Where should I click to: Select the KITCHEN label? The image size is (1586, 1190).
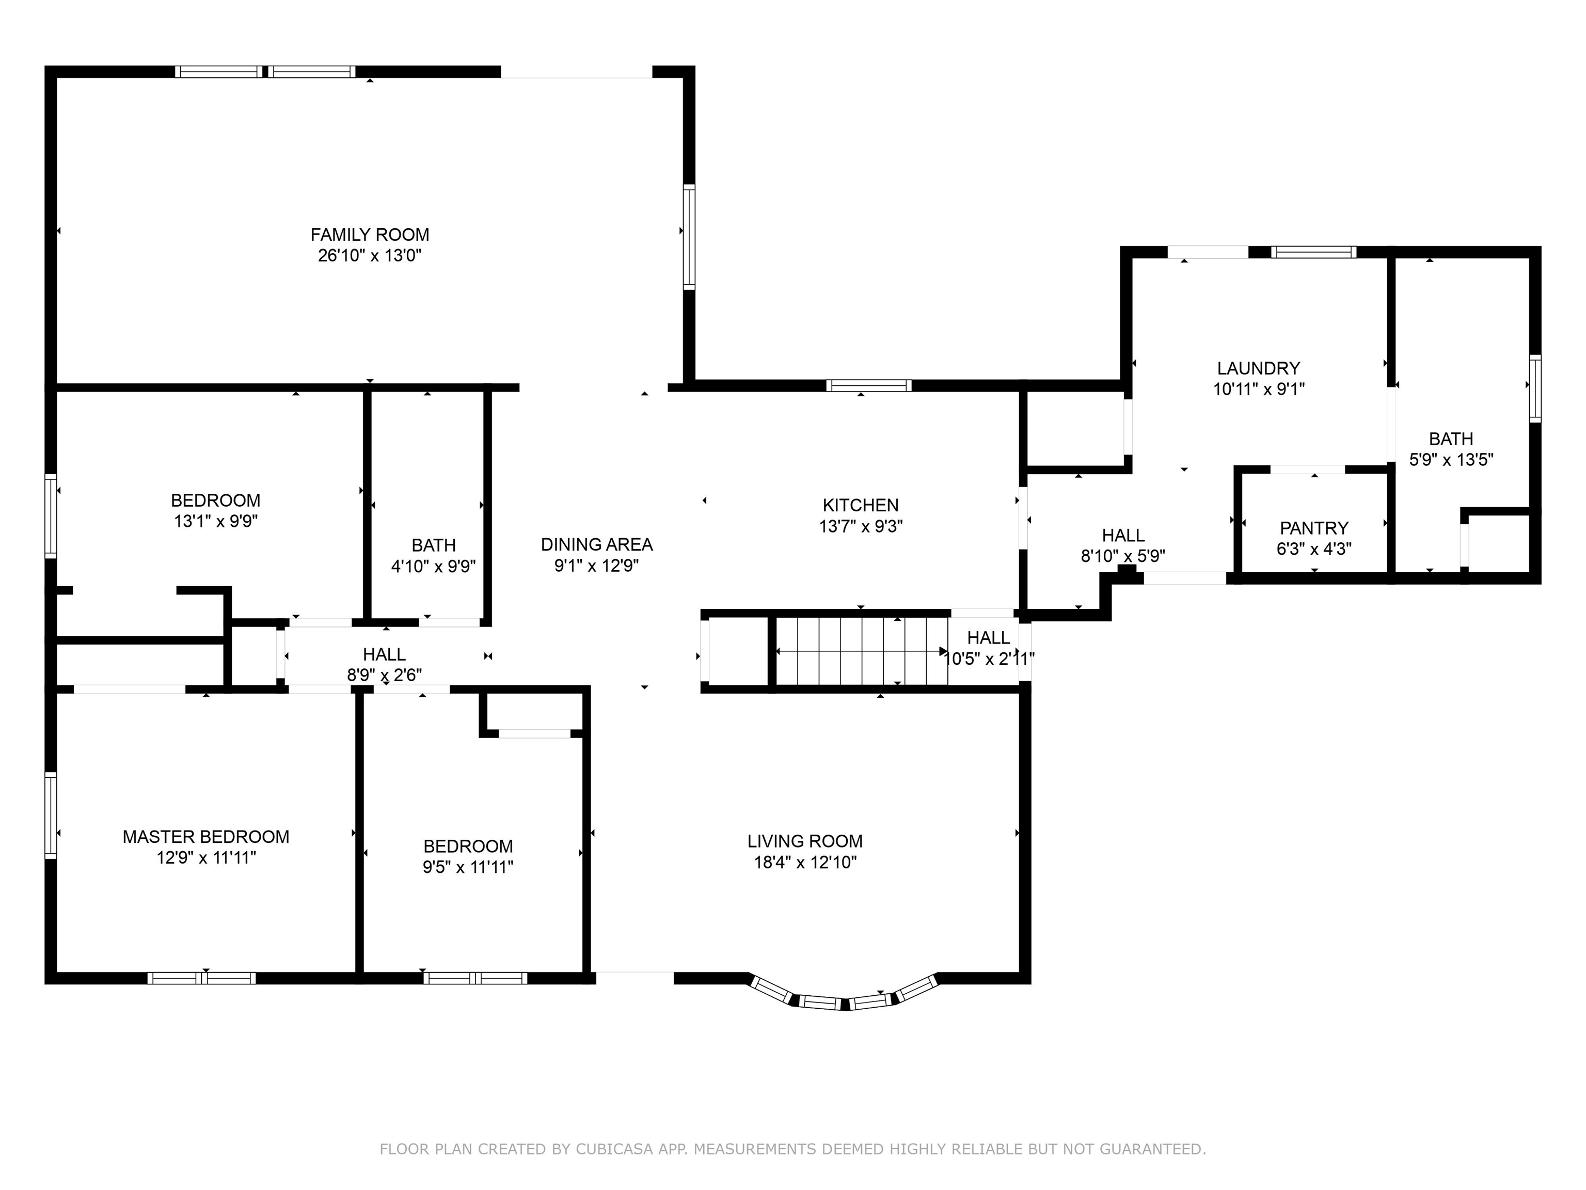tap(861, 505)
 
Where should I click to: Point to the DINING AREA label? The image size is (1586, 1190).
tap(596, 544)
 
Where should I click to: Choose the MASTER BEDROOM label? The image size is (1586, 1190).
tap(206, 836)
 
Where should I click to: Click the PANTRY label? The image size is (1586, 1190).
tap(1314, 528)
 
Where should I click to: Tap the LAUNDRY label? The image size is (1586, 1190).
tap(1258, 368)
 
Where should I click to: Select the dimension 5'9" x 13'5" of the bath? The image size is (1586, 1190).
tap(1451, 460)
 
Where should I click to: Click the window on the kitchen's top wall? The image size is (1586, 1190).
tap(868, 386)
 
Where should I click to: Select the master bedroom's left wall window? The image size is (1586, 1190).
tap(50, 815)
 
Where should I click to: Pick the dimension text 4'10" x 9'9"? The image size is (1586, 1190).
tap(433, 567)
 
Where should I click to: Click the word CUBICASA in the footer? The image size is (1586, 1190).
tap(614, 1149)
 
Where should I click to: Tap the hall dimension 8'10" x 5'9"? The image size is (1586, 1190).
tap(1123, 555)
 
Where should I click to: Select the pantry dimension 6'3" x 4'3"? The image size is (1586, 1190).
tap(1314, 549)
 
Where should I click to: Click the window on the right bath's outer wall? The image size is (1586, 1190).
tap(1535, 388)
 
